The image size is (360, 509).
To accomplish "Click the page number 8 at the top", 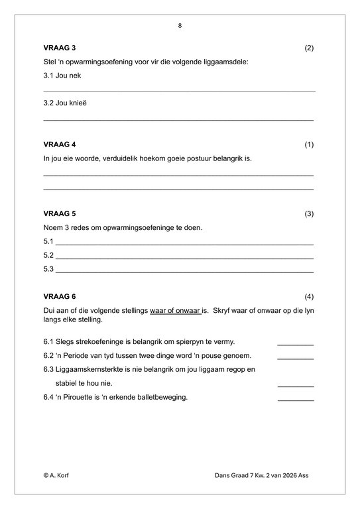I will pos(180,26).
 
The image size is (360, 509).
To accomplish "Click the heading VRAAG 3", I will pos(60,48).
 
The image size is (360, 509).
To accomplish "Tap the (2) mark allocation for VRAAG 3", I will pos(308,48).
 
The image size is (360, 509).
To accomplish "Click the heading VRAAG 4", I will pos(60,144).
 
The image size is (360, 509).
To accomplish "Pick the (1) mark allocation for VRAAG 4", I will pos(308,144).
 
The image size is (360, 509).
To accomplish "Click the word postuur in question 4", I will pos(201,158).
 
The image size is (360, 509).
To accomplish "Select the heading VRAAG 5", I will pos(60,214).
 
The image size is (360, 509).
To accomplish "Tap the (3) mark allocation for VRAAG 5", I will pos(308,214).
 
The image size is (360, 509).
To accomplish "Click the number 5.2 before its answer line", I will pos(48,255).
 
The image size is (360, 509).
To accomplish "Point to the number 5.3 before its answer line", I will pos(48,269).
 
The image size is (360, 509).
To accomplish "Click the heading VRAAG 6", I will pos(60,296).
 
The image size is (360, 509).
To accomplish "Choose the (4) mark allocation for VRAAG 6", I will pos(308,296).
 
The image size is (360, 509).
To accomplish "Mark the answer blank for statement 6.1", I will pos(295,343).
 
